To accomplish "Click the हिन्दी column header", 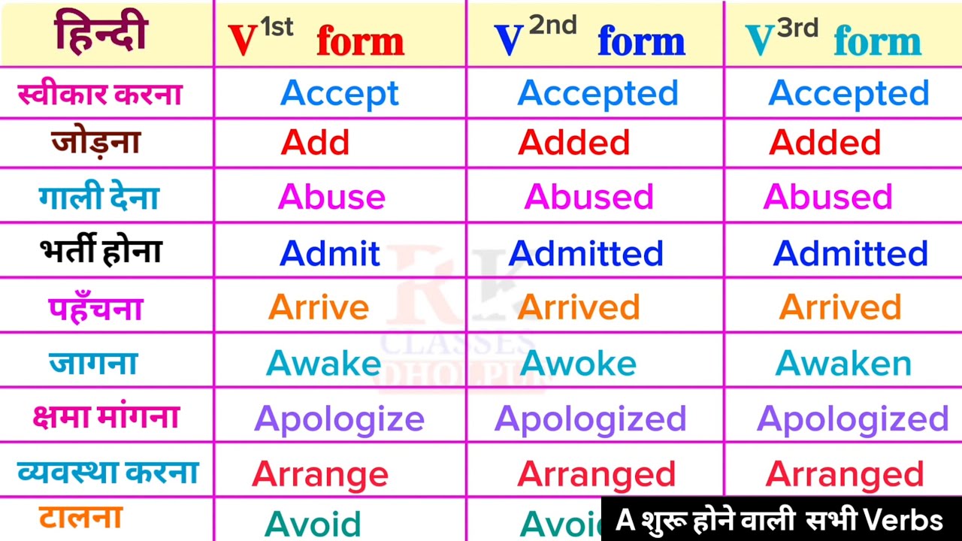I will (x=100, y=34).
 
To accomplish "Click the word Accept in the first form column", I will (x=340, y=93).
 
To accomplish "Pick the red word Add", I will (x=315, y=143).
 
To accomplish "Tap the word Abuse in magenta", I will (x=331, y=197).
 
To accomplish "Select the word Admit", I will (x=330, y=253).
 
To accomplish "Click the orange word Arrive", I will (x=319, y=307).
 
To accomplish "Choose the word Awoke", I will (x=578, y=364).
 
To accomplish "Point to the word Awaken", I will (x=843, y=364).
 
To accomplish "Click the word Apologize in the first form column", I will (x=339, y=419).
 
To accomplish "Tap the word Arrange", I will (x=320, y=474).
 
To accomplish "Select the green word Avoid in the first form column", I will (x=313, y=523).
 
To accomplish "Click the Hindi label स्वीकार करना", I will (x=100, y=94).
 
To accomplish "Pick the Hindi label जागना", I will (x=93, y=363).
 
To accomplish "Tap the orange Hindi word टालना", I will (x=80, y=518).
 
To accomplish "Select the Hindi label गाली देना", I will (x=98, y=198).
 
